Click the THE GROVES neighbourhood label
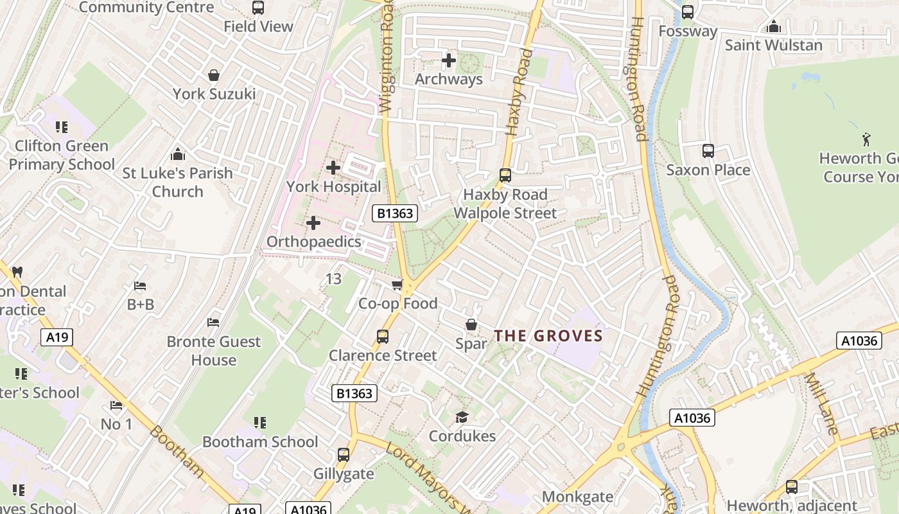tap(548, 335)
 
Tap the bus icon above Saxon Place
tap(708, 151)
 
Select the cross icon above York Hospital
tap(333, 168)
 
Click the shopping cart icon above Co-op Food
tap(397, 285)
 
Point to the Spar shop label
tap(471, 344)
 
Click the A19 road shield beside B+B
tap(57, 337)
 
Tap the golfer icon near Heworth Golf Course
tap(866, 139)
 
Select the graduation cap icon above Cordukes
tap(462, 418)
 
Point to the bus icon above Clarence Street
tap(383, 336)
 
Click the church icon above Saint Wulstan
tap(774, 26)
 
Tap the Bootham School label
tap(260, 441)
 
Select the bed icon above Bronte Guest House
tap(214, 323)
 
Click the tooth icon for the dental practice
tap(18, 272)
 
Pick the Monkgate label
tap(577, 497)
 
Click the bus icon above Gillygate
tap(344, 455)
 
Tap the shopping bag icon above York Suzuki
tap(214, 75)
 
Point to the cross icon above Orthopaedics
tap(313, 223)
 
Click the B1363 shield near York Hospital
tap(394, 213)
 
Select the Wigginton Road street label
tap(387, 58)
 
